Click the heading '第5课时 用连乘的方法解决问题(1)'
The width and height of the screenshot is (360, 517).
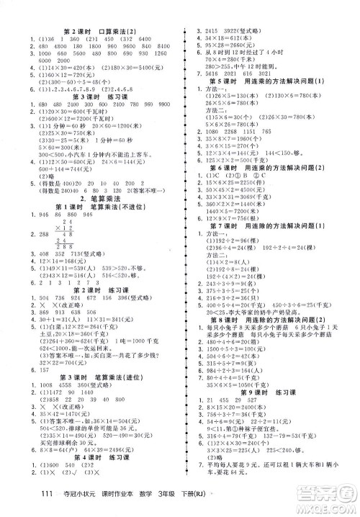[x=270, y=80]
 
